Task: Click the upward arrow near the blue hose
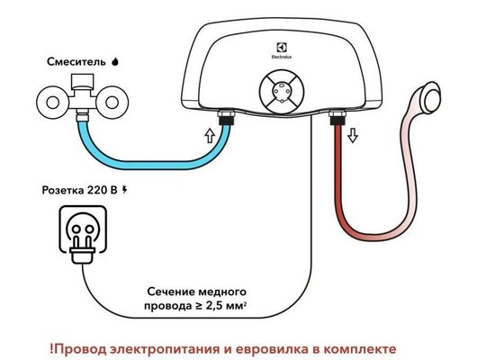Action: tap(210, 137)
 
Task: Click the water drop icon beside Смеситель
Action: tap(115, 62)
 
